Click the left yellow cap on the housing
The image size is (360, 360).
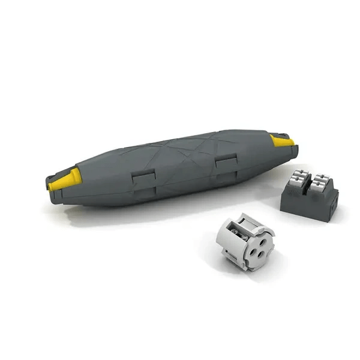[64, 179]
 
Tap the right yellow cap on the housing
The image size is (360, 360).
[281, 142]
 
